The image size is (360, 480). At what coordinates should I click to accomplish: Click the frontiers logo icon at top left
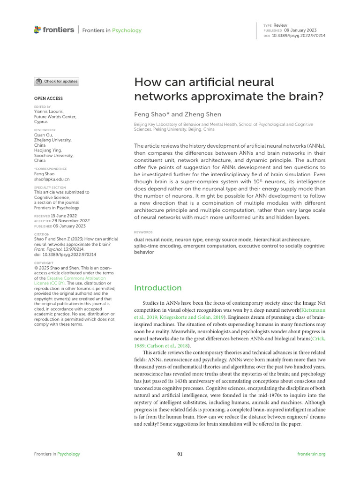coord(37,30)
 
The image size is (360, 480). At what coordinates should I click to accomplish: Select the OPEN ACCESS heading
coord(48,98)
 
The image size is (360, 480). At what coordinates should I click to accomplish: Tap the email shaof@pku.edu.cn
coord(52,179)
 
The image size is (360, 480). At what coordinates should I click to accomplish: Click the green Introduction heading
coord(157,288)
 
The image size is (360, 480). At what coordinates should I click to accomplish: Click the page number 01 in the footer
coord(180,454)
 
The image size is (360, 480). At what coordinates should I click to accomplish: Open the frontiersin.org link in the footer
coord(311,454)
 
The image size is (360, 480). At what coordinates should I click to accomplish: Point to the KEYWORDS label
coord(143,232)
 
